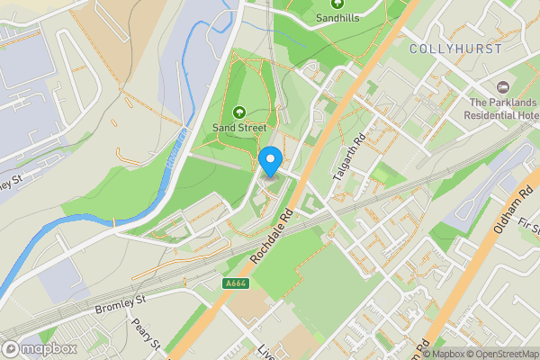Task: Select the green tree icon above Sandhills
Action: point(336,4)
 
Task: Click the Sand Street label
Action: point(239,128)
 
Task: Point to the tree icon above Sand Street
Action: point(239,112)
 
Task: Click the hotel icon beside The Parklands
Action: point(502,87)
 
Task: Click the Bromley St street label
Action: point(120,303)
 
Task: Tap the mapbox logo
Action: point(40,348)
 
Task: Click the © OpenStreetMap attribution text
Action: point(501,354)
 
